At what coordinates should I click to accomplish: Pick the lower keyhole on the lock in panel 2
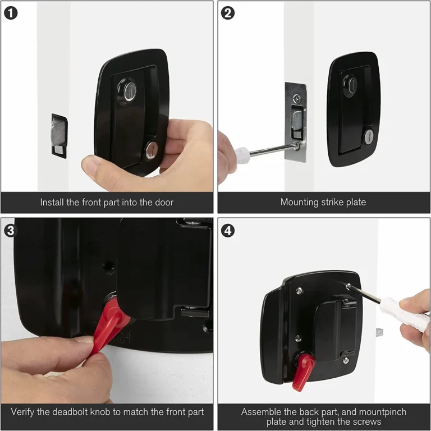pyautogui.click(x=368, y=136)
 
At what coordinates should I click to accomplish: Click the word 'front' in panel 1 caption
pyautogui.click(x=99, y=202)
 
